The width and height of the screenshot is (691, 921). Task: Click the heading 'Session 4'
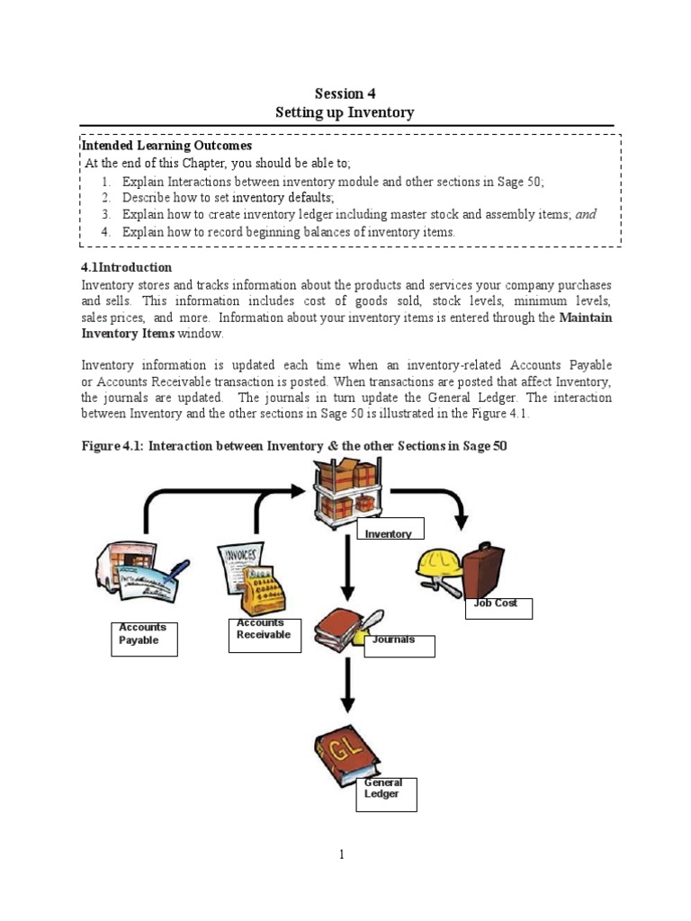(x=345, y=94)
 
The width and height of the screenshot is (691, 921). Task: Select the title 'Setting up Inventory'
(x=345, y=112)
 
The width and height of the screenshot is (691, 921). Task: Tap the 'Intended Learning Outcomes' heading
(x=167, y=145)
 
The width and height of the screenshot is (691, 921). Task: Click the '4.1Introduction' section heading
(x=127, y=267)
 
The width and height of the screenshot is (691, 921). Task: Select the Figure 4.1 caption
(x=294, y=446)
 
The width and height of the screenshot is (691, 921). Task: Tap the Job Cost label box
(x=497, y=608)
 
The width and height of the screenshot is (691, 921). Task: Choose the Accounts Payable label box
(x=145, y=638)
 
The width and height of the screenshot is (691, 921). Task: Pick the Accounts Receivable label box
(x=265, y=634)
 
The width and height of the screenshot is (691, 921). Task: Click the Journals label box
(x=399, y=645)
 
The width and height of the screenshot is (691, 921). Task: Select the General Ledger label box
(x=386, y=794)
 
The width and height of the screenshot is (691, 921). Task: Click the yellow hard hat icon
(x=438, y=565)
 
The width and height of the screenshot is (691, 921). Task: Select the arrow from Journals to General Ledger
(x=347, y=689)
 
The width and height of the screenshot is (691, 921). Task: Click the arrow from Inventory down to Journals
(x=347, y=566)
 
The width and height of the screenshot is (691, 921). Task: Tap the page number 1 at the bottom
(x=342, y=854)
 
